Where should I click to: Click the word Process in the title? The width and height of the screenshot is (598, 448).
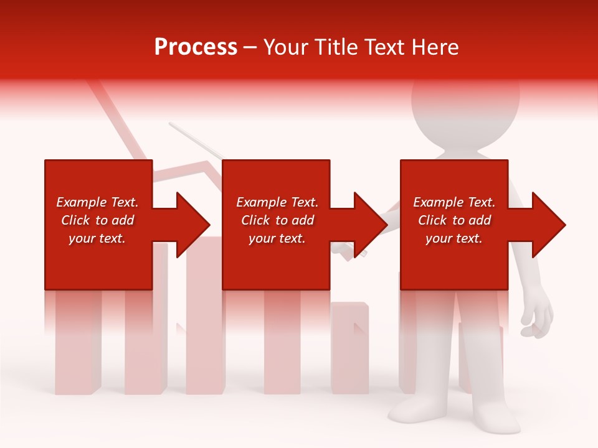[x=196, y=47]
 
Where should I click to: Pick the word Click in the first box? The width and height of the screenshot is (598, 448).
[x=76, y=220]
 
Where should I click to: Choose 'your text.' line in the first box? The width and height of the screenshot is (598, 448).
[x=97, y=238]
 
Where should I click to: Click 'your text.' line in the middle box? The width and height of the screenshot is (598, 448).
[x=277, y=238]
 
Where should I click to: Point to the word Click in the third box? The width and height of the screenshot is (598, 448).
[x=433, y=220]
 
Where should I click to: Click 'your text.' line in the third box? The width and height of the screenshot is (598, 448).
[x=454, y=238]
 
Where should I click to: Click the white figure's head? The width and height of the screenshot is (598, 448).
[x=465, y=106]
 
